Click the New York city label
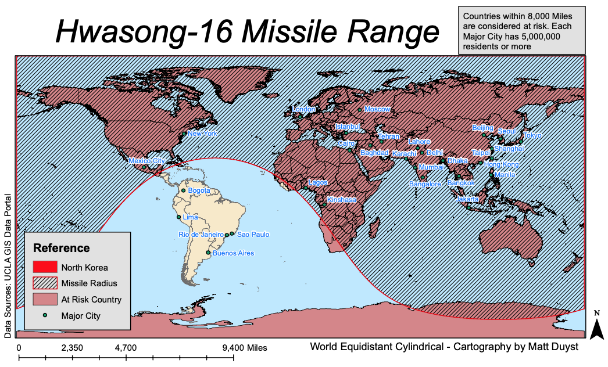[202, 134]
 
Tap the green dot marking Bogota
[183, 190]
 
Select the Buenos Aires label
[233, 253]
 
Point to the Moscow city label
[377, 109]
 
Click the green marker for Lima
[178, 217]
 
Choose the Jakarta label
[467, 199]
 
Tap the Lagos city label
[318, 182]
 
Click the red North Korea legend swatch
[44, 268]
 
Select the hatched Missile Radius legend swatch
[44, 283]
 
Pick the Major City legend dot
[44, 316]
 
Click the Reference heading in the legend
[62, 249]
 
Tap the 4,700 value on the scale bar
[126, 348]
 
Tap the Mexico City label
[146, 161]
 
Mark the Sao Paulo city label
[253, 235]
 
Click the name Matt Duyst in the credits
[555, 347]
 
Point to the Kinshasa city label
[341, 199]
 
